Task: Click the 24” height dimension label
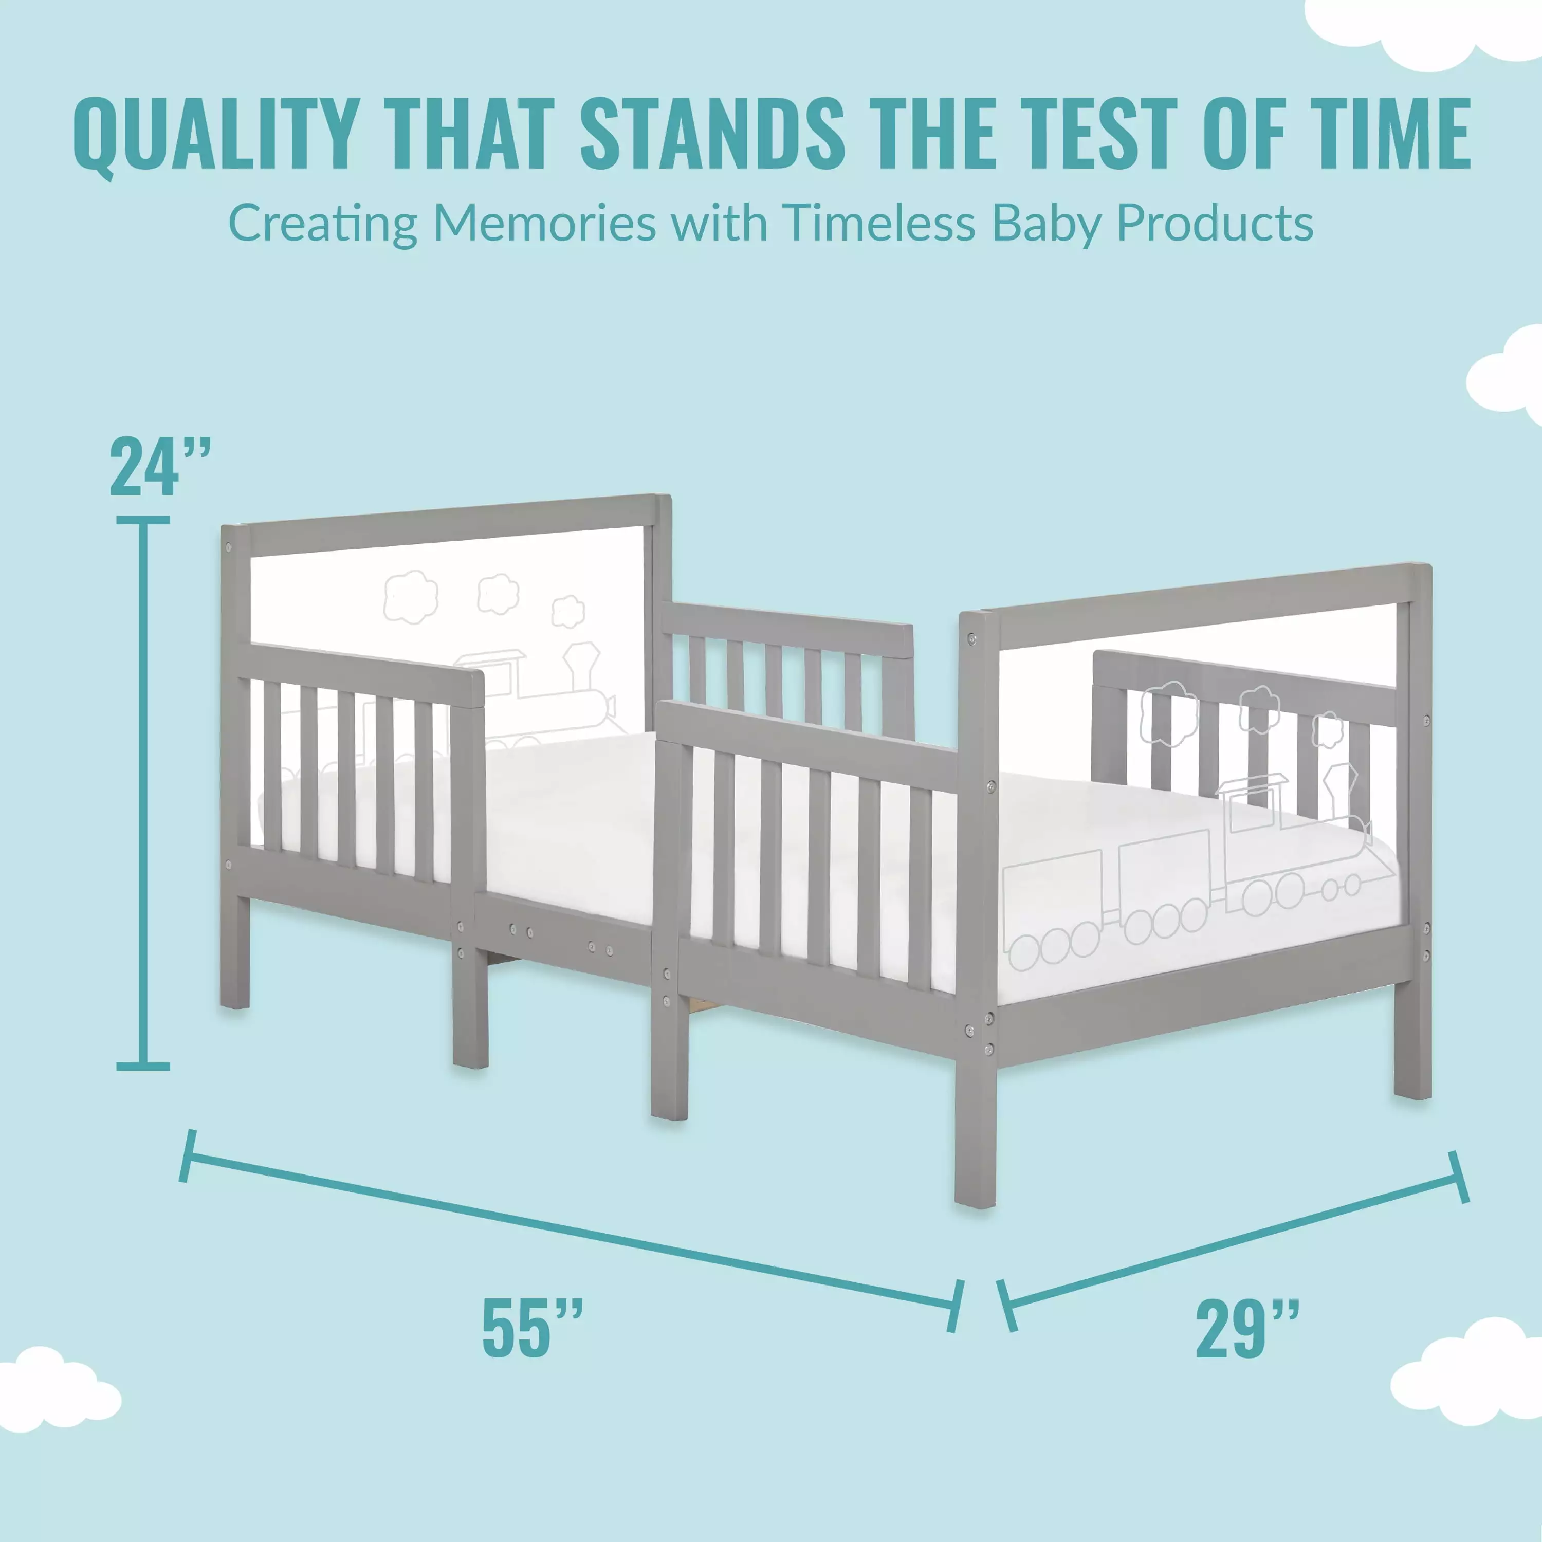(x=160, y=467)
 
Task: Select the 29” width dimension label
(x=1246, y=1329)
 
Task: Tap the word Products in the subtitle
(x=1215, y=224)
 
